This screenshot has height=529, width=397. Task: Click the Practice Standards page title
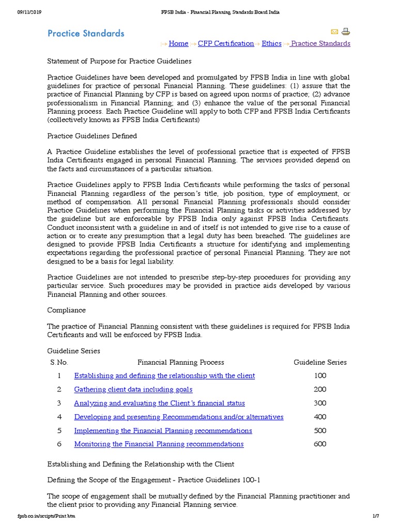point(86,34)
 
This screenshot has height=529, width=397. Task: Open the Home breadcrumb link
point(178,43)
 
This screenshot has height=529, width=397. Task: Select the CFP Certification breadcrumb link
point(226,43)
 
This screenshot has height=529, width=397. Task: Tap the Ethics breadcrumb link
point(271,43)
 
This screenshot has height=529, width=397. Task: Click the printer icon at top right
point(346,32)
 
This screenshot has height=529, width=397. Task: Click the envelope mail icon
point(334,32)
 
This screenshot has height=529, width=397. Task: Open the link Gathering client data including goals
point(133,390)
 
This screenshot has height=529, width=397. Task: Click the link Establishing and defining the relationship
point(164,376)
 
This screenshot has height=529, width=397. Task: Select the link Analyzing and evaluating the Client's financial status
point(159,403)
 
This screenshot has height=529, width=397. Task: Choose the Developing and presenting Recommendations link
point(178,417)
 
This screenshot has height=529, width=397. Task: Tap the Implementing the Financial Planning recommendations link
point(163,430)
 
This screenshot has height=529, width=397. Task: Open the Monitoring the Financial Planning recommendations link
point(159,444)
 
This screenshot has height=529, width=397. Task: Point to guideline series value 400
point(320,417)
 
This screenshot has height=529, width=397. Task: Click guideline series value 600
point(320,444)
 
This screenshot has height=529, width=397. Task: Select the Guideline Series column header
point(320,362)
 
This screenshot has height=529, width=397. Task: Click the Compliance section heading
point(67,310)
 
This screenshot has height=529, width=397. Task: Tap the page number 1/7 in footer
point(376,517)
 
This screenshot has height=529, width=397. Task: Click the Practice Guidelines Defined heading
point(92,136)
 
